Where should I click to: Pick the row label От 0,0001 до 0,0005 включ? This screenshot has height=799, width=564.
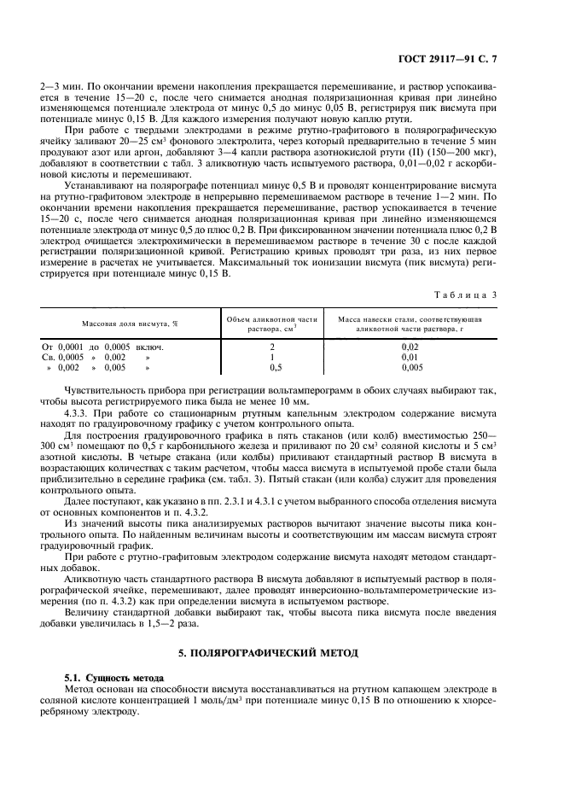pyautogui.click(x=102, y=347)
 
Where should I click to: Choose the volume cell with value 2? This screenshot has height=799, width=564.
pyautogui.click(x=271, y=347)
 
